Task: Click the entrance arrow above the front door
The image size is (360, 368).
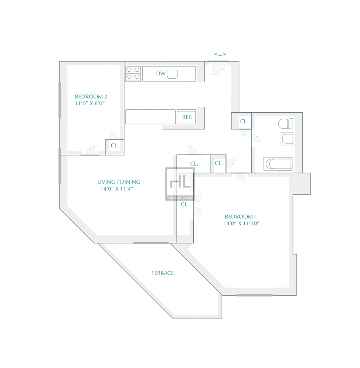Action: (220, 54)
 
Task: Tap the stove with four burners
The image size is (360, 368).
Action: (133, 74)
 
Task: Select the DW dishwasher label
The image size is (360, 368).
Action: (161, 74)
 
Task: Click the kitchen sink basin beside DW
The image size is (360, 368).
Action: (172, 74)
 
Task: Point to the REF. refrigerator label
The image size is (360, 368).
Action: (187, 117)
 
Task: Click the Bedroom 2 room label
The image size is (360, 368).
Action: (91, 96)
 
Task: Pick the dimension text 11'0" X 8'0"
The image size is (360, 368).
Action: (90, 103)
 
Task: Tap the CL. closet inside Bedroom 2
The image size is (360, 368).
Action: (115, 146)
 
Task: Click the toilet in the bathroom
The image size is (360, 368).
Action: (286, 124)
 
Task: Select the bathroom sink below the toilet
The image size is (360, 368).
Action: (287, 139)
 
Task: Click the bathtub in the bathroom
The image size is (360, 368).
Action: (278, 164)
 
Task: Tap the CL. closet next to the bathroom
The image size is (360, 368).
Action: (244, 121)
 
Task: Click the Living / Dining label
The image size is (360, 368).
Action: (119, 182)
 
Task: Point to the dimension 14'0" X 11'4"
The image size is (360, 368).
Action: (117, 189)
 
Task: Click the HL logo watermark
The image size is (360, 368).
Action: (180, 184)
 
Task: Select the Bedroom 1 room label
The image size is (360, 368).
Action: (241, 217)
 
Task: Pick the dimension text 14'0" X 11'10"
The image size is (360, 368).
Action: (241, 224)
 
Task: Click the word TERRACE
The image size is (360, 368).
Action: (163, 273)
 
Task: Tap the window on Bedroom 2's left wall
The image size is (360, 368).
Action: (60, 100)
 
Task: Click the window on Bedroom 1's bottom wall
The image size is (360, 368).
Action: (255, 295)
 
